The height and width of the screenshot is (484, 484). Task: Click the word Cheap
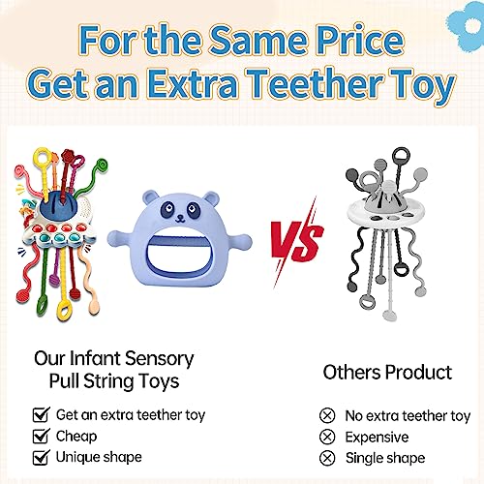pos(76,436)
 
